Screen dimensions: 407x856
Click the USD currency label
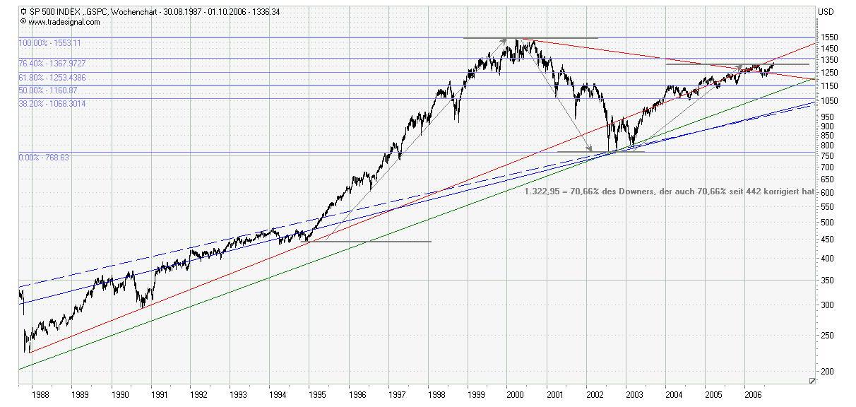coord(826,11)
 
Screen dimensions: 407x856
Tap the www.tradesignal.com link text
coord(64,22)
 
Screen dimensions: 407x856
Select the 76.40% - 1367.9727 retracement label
coord(53,64)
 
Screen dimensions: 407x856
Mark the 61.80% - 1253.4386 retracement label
coord(53,77)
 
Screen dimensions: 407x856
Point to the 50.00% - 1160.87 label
coord(48,90)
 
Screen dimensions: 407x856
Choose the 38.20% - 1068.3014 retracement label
coord(53,103)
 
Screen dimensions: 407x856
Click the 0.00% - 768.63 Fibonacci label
coord(44,158)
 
